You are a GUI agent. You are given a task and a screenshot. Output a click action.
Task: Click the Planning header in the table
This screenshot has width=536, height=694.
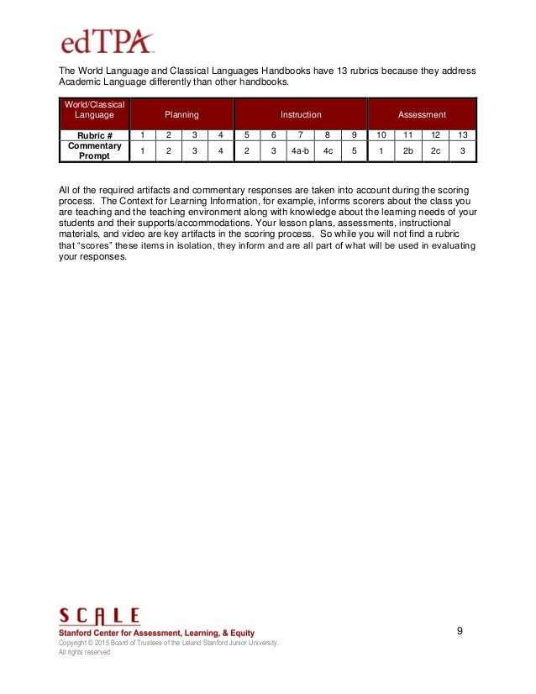click(181, 114)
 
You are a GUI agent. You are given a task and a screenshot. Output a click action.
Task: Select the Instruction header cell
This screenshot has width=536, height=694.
click(300, 114)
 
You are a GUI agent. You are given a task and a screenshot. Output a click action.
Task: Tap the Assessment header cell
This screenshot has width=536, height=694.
click(422, 114)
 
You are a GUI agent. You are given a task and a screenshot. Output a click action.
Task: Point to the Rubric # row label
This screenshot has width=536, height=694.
click(94, 134)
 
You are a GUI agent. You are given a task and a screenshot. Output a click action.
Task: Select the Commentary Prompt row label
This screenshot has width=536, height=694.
click(94, 151)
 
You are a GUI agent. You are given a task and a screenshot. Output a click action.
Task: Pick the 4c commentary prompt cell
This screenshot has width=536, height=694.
click(328, 151)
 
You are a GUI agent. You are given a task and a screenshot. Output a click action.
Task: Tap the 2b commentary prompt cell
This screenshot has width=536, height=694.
click(408, 151)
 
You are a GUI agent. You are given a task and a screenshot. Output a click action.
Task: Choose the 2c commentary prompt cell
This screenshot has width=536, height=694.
click(435, 151)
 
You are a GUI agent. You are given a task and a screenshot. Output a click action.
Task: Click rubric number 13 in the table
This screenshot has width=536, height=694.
click(462, 134)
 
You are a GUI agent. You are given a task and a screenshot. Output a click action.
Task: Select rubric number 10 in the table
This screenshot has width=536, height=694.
click(381, 134)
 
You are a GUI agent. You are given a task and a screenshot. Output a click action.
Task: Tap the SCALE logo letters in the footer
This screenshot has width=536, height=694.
click(99, 618)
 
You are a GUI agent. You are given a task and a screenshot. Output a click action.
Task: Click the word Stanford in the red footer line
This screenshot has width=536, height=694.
click(78, 633)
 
